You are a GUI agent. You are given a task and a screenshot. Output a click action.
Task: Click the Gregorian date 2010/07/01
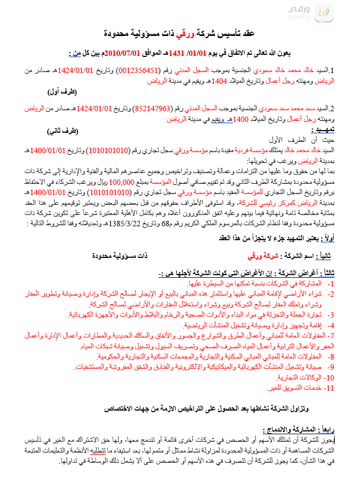(x=125, y=53)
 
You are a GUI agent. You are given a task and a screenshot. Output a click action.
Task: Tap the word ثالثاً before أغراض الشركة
(x=324, y=272)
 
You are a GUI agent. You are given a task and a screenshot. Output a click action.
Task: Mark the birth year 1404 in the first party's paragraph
(x=219, y=81)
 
